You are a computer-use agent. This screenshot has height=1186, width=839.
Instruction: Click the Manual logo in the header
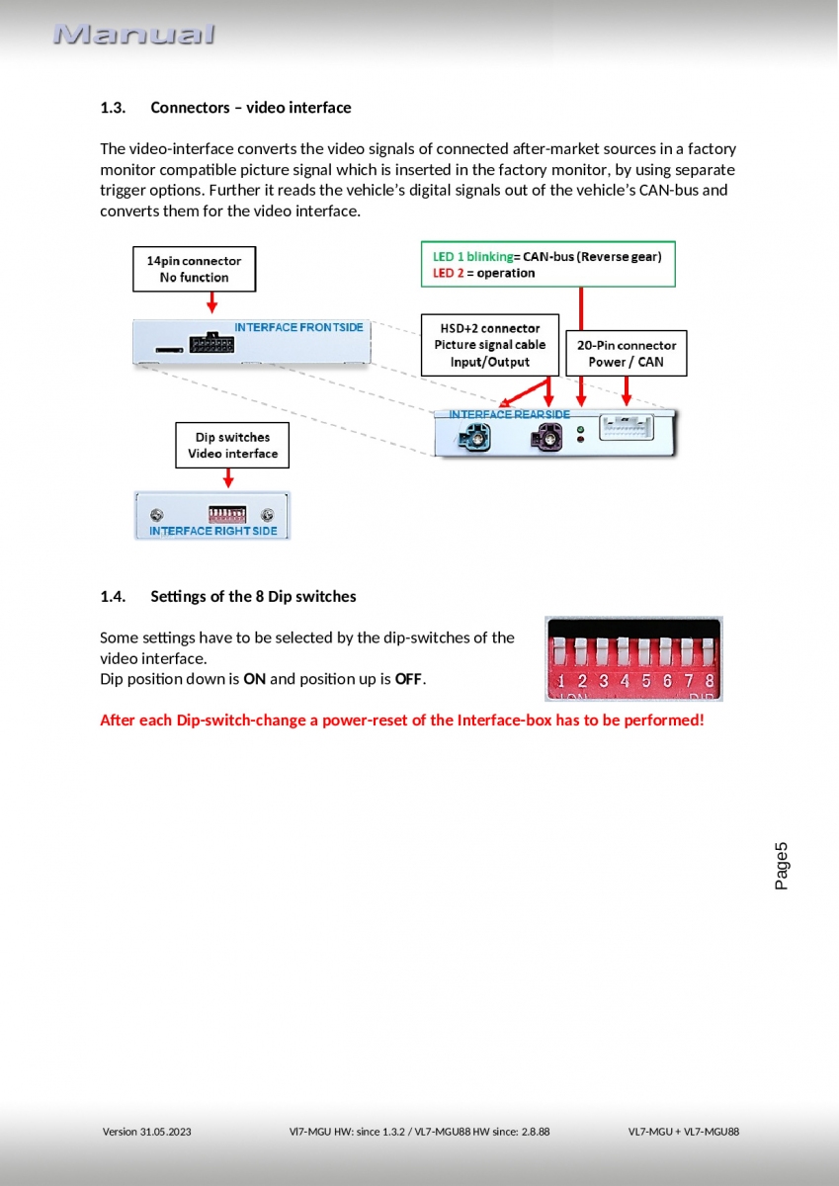(134, 35)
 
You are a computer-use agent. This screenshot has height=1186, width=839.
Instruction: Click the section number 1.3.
(113, 107)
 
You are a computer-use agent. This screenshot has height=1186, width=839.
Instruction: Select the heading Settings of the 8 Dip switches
(253, 596)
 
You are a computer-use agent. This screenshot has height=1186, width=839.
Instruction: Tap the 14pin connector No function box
(194, 269)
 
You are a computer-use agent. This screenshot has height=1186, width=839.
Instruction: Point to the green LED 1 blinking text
(472, 256)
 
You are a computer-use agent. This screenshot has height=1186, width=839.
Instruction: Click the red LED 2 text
(448, 273)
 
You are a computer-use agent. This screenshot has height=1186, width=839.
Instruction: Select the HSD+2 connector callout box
(489, 344)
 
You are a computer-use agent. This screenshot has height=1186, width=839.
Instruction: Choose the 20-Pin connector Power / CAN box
(626, 353)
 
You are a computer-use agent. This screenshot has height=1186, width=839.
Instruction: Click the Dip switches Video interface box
(232, 446)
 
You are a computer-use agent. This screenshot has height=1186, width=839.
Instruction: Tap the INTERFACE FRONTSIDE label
(298, 327)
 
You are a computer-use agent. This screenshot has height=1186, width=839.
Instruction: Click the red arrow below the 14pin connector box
(211, 303)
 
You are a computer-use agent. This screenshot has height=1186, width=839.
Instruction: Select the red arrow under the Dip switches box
(228, 478)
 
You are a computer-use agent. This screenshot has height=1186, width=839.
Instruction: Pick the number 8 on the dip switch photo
(709, 681)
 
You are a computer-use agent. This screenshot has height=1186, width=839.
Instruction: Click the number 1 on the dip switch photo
(561, 681)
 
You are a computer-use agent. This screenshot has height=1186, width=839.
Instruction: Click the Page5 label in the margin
(782, 866)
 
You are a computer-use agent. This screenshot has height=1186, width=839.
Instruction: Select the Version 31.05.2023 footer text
(147, 1132)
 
